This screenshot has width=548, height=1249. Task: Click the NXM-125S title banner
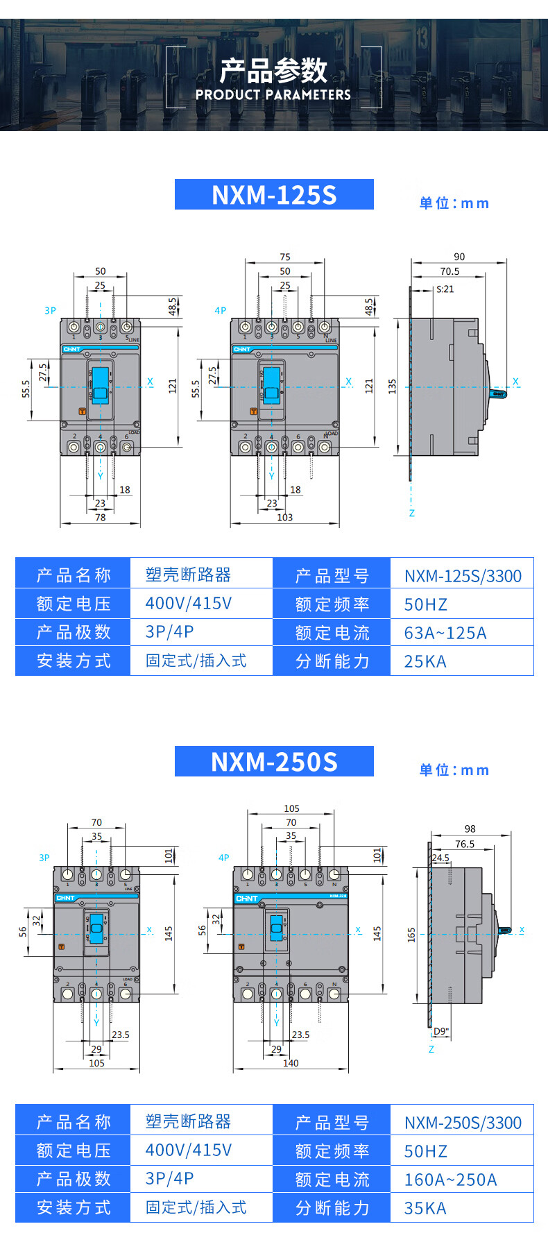pyautogui.click(x=274, y=194)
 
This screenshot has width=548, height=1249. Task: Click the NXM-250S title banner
pyautogui.click(x=274, y=761)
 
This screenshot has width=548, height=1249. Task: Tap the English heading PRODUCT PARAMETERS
pyautogui.click(x=273, y=94)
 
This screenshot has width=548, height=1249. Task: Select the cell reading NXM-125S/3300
pyautogui.click(x=463, y=576)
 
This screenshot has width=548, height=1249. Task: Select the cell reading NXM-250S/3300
pyautogui.click(x=463, y=1123)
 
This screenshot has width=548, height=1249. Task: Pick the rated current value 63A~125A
pyautogui.click(x=445, y=633)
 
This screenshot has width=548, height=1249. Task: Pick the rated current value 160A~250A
pyautogui.click(x=450, y=1180)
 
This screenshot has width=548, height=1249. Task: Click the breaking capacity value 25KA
pyautogui.click(x=425, y=661)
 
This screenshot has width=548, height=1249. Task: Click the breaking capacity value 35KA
pyautogui.click(x=425, y=1208)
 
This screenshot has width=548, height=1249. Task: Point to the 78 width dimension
pyautogui.click(x=101, y=518)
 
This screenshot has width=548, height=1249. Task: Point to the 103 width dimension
pyautogui.click(x=284, y=518)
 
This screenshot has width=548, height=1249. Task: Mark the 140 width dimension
pyautogui.click(x=291, y=1063)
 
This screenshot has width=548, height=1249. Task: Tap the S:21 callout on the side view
pyautogui.click(x=445, y=289)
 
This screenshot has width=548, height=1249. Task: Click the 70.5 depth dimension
pyautogui.click(x=449, y=271)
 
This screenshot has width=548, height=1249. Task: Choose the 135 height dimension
pyautogui.click(x=393, y=386)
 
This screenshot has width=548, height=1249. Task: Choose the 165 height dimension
pyautogui.click(x=411, y=935)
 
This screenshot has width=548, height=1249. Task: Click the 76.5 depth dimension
pyautogui.click(x=465, y=844)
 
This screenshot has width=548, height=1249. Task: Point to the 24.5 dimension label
pyautogui.click(x=440, y=858)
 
